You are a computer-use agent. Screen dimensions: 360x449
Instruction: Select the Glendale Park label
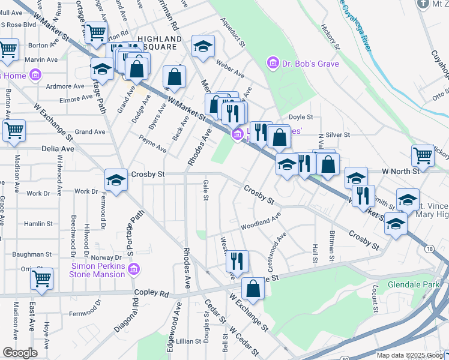click(x=414, y=284)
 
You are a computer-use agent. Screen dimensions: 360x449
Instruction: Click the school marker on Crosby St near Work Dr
click(x=115, y=179)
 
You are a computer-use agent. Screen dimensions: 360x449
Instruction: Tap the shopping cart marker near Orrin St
click(x=41, y=278)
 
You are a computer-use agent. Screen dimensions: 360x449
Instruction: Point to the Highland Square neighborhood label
click(x=160, y=43)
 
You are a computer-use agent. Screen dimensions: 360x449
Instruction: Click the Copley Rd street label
click(x=155, y=295)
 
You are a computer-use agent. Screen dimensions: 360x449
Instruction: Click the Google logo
click(x=20, y=353)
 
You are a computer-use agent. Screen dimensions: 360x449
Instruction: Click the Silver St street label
click(x=338, y=136)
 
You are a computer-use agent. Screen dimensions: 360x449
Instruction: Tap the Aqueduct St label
click(x=234, y=36)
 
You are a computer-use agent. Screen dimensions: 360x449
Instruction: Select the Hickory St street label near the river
click(x=331, y=37)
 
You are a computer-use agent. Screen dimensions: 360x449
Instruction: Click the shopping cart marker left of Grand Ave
click(x=14, y=130)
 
